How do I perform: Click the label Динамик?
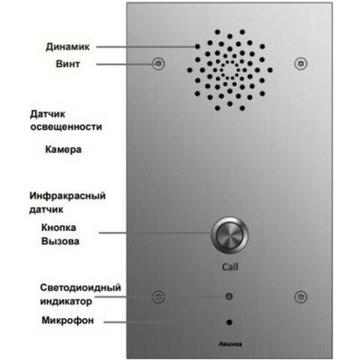67,47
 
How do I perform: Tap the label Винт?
67,64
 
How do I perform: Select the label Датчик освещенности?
66,121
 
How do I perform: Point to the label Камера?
63,149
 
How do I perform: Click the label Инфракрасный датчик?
67,202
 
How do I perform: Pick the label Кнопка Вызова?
60,234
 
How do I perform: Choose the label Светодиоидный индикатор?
80,295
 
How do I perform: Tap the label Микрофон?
67,320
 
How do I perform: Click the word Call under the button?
230,267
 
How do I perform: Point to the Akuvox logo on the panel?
230,344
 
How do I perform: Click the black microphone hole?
229,322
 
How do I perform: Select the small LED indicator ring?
229,296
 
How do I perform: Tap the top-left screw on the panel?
158,64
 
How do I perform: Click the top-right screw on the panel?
301,64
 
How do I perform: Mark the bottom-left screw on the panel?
158,297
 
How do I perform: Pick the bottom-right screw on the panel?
301,297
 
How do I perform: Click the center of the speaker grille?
229,70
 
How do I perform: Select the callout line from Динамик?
145,46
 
